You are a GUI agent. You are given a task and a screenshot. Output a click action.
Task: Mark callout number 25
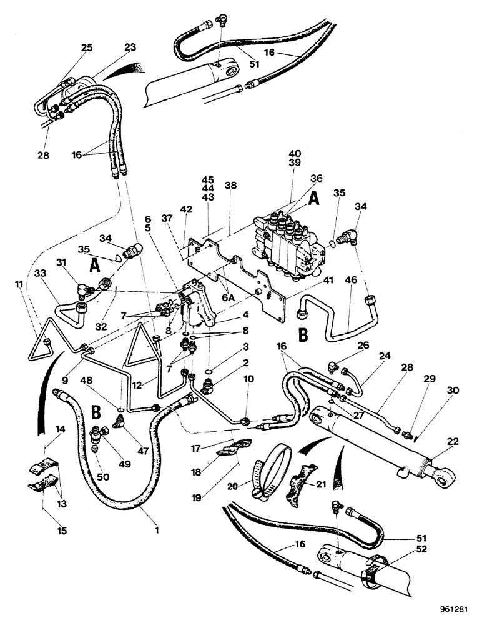[x=87, y=48]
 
